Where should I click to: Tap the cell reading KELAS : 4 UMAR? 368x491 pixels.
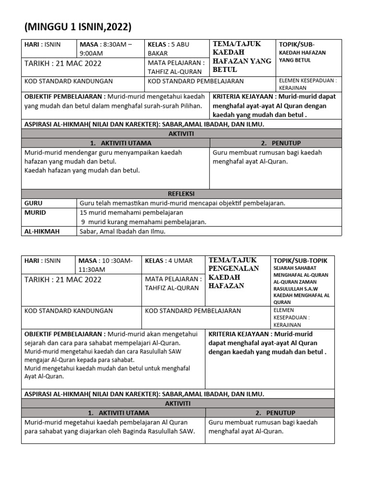(170, 261)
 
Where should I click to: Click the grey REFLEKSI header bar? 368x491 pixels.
(181, 194)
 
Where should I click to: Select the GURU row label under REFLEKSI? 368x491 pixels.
(34, 203)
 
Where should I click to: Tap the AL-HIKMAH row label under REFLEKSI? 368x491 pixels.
(42, 232)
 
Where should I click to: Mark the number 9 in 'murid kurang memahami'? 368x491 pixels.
(83, 222)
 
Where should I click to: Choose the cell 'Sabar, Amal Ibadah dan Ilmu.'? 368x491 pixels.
(122, 232)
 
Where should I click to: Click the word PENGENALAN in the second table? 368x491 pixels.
(233, 269)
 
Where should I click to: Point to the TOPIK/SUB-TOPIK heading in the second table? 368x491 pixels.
(300, 260)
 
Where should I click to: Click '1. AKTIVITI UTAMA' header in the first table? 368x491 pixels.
(120, 143)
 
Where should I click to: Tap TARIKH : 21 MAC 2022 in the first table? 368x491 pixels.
(63, 63)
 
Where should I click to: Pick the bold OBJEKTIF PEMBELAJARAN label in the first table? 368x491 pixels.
(65, 96)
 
